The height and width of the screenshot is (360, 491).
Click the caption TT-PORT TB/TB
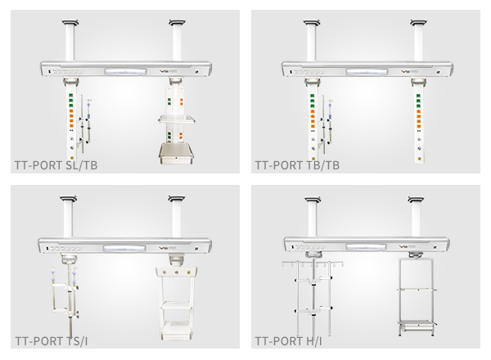point(296,164)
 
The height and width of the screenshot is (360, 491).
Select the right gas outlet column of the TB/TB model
point(419,123)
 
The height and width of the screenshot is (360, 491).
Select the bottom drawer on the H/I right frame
point(417,323)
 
